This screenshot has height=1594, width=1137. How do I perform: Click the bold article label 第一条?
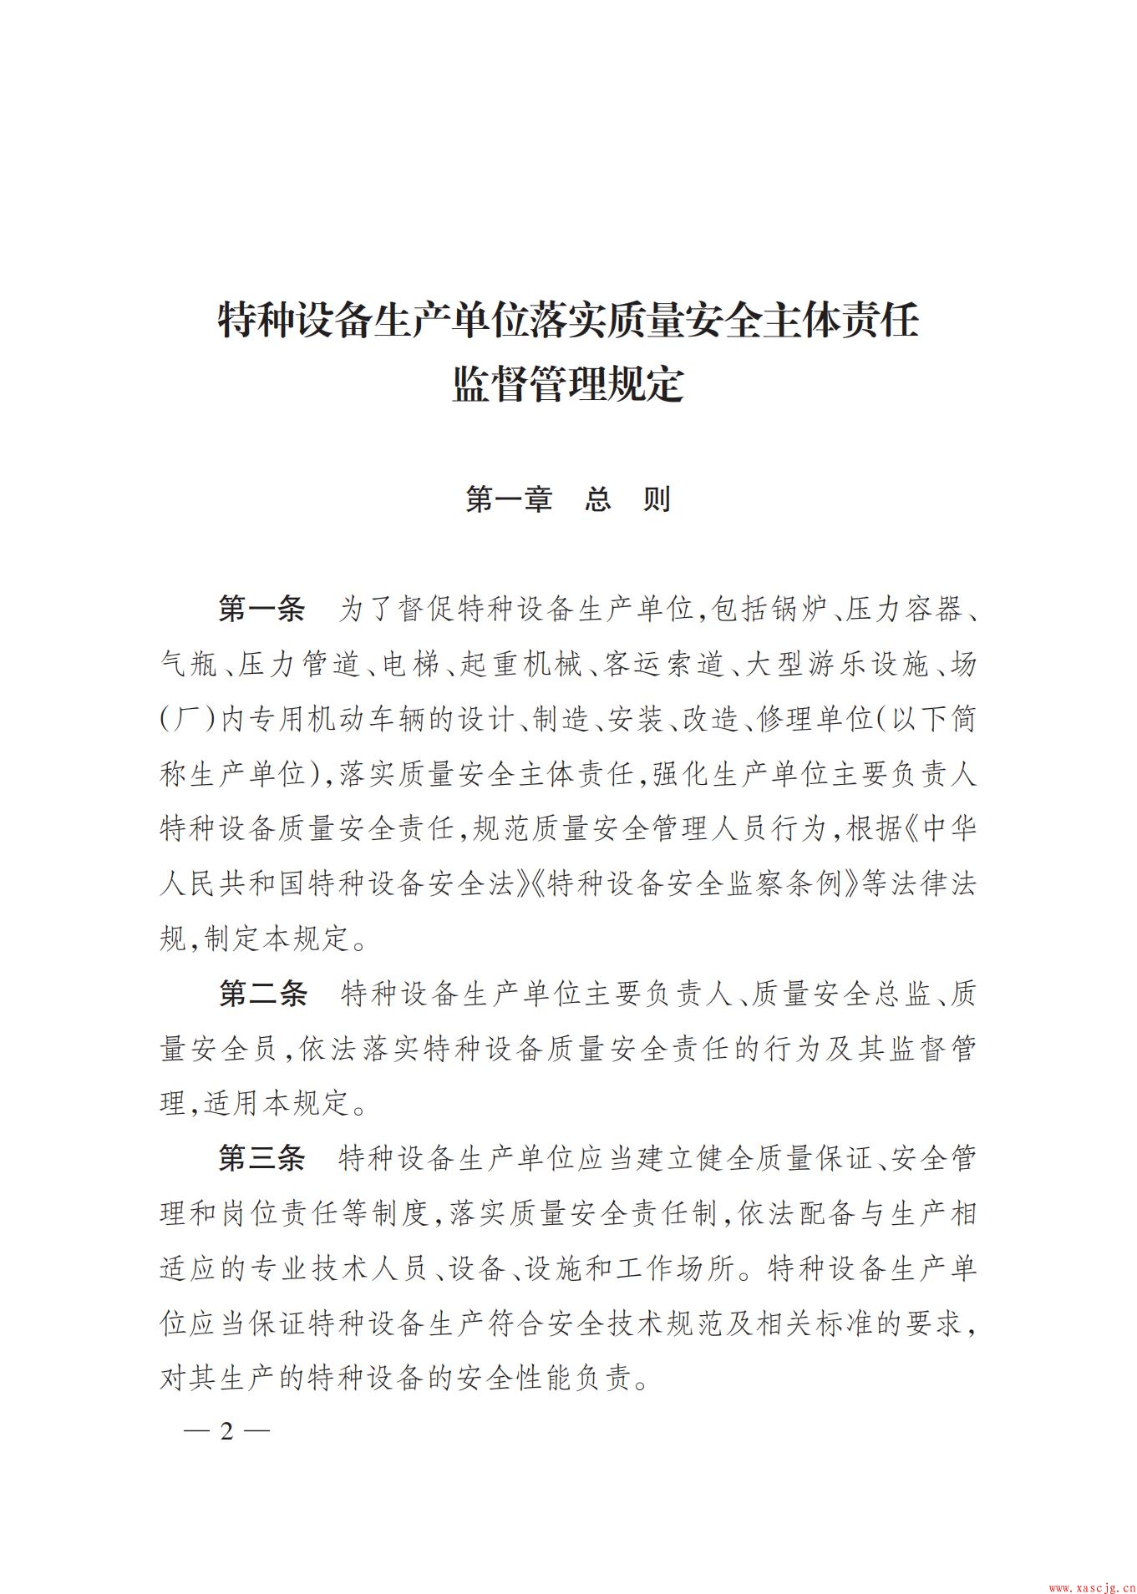pos(262,610)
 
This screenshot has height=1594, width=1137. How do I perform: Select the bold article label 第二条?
pos(262,994)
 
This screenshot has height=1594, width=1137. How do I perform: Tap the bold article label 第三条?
pos(262,1159)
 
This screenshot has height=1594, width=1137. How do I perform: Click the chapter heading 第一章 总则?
pos(568,499)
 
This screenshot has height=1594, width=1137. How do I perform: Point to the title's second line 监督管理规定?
pos(568,385)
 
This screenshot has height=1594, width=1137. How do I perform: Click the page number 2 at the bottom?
pos(225,1430)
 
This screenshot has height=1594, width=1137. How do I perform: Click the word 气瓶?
pos(189,665)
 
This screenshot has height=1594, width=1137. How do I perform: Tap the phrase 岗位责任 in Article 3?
pos(294,1214)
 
